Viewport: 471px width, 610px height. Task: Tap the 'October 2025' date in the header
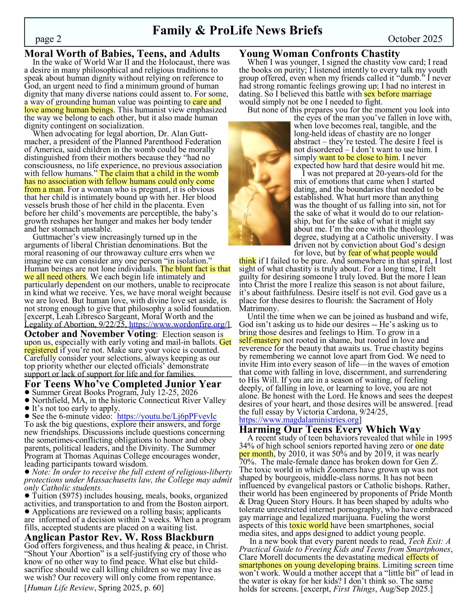coord(415,39)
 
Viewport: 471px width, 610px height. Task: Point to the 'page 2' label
coord(48,39)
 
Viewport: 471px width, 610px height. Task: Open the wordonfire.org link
coord(179,324)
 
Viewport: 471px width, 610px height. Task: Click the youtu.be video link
coord(167,416)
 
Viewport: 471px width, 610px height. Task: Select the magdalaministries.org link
coord(299,420)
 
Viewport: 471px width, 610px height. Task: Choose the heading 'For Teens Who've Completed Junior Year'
coord(123,384)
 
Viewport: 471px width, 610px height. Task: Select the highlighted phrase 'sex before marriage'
coord(398,94)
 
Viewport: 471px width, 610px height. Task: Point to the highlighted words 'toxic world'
coord(310,525)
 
